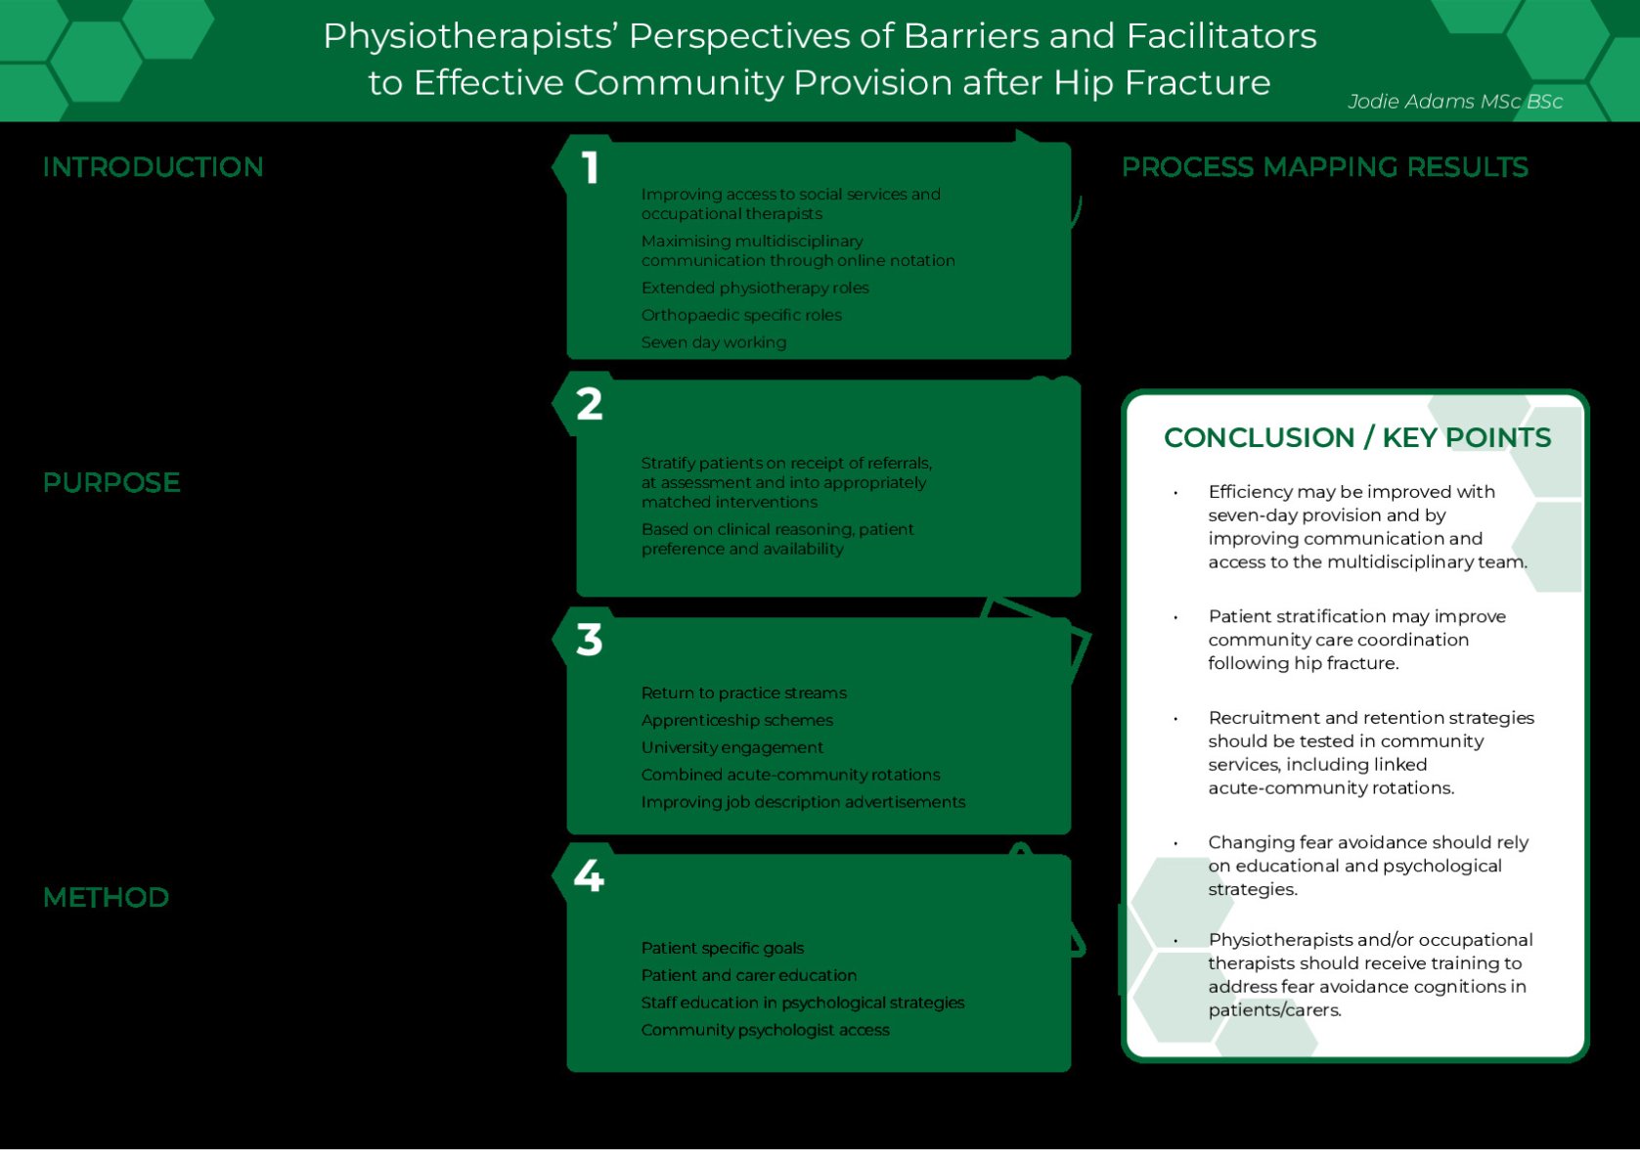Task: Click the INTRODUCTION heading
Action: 153,167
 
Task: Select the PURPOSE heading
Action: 111,483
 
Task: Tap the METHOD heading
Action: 106,898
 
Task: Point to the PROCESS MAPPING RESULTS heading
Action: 1324,168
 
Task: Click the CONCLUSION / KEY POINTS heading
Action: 1357,438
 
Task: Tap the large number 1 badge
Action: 590,168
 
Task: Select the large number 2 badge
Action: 590,404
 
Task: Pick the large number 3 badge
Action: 590,641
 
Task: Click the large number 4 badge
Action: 589,875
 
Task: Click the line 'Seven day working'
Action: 714,342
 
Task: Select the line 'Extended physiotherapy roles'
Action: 755,288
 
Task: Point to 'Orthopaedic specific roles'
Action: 741,315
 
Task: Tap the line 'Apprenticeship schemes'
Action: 737,720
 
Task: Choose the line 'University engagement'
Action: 732,747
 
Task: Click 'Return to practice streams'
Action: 744,692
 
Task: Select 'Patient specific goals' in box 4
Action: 723,948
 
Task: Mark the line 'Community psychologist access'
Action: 766,1030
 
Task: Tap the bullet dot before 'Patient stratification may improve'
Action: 1175,617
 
